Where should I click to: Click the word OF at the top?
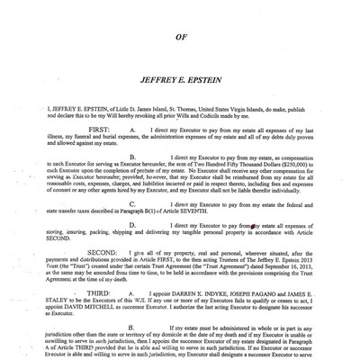[x=179, y=37]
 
